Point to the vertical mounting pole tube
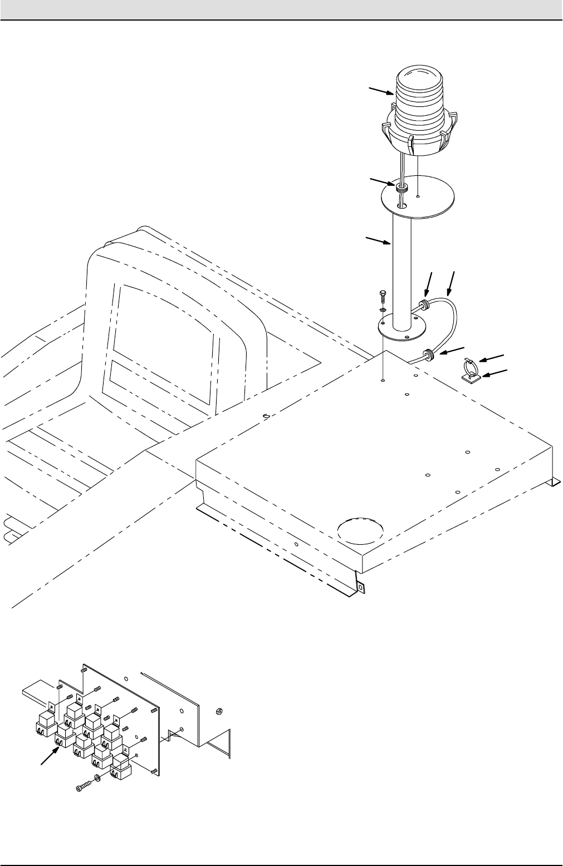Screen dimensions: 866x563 pos(402,267)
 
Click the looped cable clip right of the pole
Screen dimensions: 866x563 pos(469,365)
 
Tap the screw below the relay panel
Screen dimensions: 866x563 pos(84,788)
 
